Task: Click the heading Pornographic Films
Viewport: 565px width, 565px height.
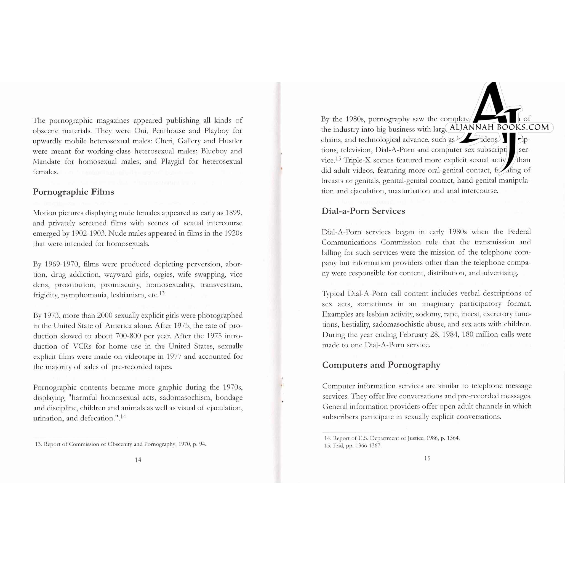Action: [73, 192]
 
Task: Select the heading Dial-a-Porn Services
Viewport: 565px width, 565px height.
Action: [363, 211]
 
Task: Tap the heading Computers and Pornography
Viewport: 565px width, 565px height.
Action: [381, 365]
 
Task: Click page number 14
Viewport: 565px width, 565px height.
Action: [138, 460]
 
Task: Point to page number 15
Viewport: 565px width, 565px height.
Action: [427, 458]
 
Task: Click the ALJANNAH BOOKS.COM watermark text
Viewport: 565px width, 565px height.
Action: [499, 127]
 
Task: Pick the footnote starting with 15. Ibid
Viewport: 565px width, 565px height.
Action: [353, 446]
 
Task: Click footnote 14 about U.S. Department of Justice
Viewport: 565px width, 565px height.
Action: [392, 438]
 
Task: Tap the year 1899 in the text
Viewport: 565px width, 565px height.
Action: [234, 213]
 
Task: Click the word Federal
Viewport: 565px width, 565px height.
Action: [519, 232]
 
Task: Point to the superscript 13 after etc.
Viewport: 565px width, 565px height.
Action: [162, 293]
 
